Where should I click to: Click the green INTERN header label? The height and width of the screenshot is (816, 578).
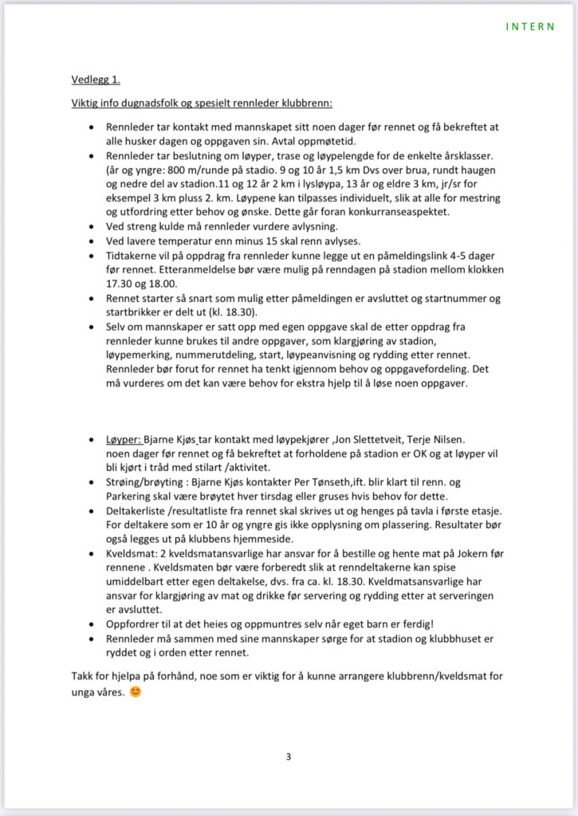(530, 26)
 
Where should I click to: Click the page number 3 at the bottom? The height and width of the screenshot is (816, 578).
(289, 756)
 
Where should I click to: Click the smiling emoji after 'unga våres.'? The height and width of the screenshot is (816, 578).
(136, 692)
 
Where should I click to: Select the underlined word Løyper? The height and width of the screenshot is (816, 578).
(124, 439)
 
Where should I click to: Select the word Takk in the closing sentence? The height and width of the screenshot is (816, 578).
(83, 677)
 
